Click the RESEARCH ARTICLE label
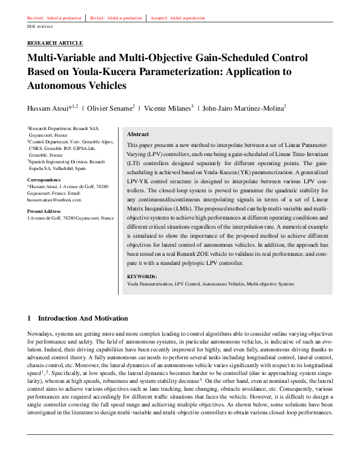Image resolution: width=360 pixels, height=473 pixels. pos(55,44)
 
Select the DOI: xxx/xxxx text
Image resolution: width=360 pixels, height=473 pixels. pos(41,27)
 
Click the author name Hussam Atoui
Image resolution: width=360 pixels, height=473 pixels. pos(50,108)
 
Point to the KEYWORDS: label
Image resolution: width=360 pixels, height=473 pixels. pos(143,276)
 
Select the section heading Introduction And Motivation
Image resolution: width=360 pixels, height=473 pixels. pos(83,318)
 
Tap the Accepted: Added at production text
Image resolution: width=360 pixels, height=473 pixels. pos(178,18)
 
